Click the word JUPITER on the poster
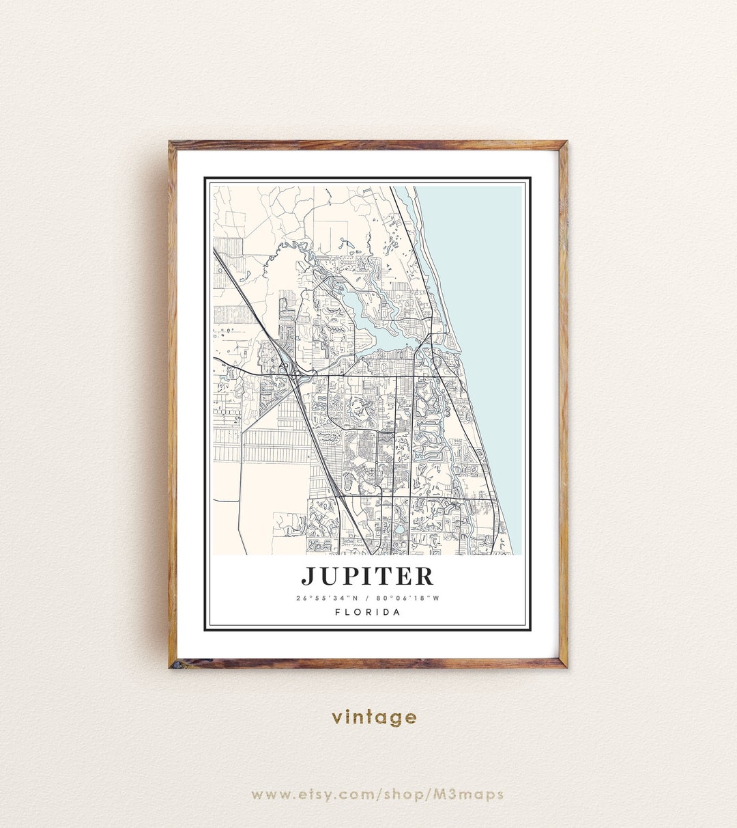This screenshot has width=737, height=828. coord(368,576)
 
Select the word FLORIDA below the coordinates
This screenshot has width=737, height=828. coord(368,612)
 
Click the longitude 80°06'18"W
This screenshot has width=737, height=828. coord(408,598)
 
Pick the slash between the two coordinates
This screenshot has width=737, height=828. coord(367,598)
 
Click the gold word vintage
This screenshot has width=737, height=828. coord(374,717)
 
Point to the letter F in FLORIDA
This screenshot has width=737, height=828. coord(338,612)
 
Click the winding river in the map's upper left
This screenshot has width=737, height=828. coord(287,249)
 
